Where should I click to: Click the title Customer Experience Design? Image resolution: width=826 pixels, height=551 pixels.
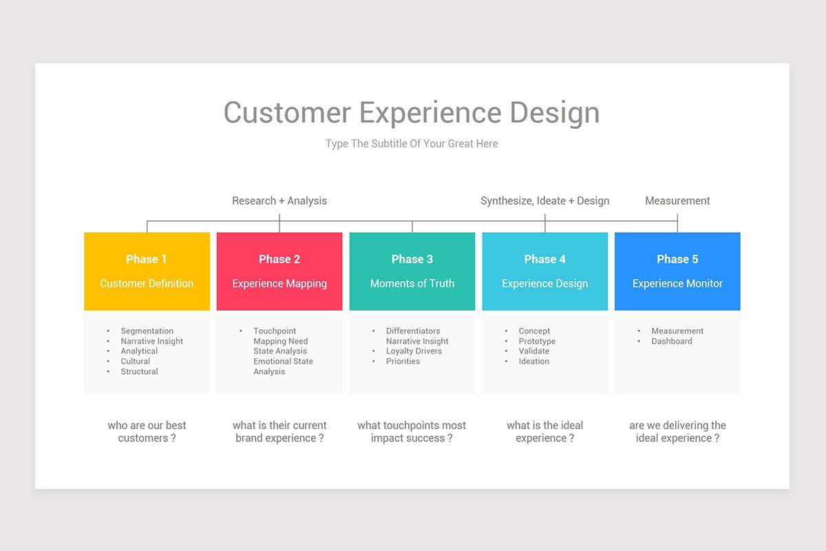[x=412, y=113]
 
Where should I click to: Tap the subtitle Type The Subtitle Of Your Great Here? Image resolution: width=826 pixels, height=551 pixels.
[x=412, y=144]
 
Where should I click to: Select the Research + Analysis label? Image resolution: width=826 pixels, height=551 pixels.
[x=279, y=201]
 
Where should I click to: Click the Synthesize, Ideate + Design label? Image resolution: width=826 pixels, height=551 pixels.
[x=544, y=201]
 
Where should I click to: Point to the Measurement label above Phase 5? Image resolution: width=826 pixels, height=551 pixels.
[x=677, y=201]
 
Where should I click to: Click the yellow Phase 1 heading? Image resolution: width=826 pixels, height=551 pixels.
[x=147, y=259]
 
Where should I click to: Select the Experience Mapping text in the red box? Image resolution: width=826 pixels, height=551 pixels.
[x=279, y=284]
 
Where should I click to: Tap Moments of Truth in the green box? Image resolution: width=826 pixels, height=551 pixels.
[x=412, y=284]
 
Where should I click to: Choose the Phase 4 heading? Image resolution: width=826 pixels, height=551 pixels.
[x=544, y=259]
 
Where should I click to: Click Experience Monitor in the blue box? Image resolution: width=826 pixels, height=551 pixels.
[x=677, y=284]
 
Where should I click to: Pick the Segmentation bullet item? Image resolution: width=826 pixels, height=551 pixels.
[x=147, y=331]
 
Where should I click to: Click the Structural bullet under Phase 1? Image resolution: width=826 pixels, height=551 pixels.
[x=139, y=372]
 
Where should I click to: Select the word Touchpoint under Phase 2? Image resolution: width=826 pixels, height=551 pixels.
[x=275, y=331]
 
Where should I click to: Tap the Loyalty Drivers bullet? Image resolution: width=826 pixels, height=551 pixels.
[x=414, y=351]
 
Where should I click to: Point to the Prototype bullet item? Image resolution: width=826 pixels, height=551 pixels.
[x=537, y=342]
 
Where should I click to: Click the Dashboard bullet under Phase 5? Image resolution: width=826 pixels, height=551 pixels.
[x=672, y=342]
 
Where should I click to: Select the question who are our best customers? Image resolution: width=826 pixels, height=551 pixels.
[x=147, y=432]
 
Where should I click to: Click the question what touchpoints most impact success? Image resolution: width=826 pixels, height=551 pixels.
[x=412, y=432]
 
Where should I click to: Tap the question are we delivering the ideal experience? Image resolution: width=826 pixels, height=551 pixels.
[x=677, y=432]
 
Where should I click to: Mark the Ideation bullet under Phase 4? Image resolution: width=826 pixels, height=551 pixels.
[x=533, y=362]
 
